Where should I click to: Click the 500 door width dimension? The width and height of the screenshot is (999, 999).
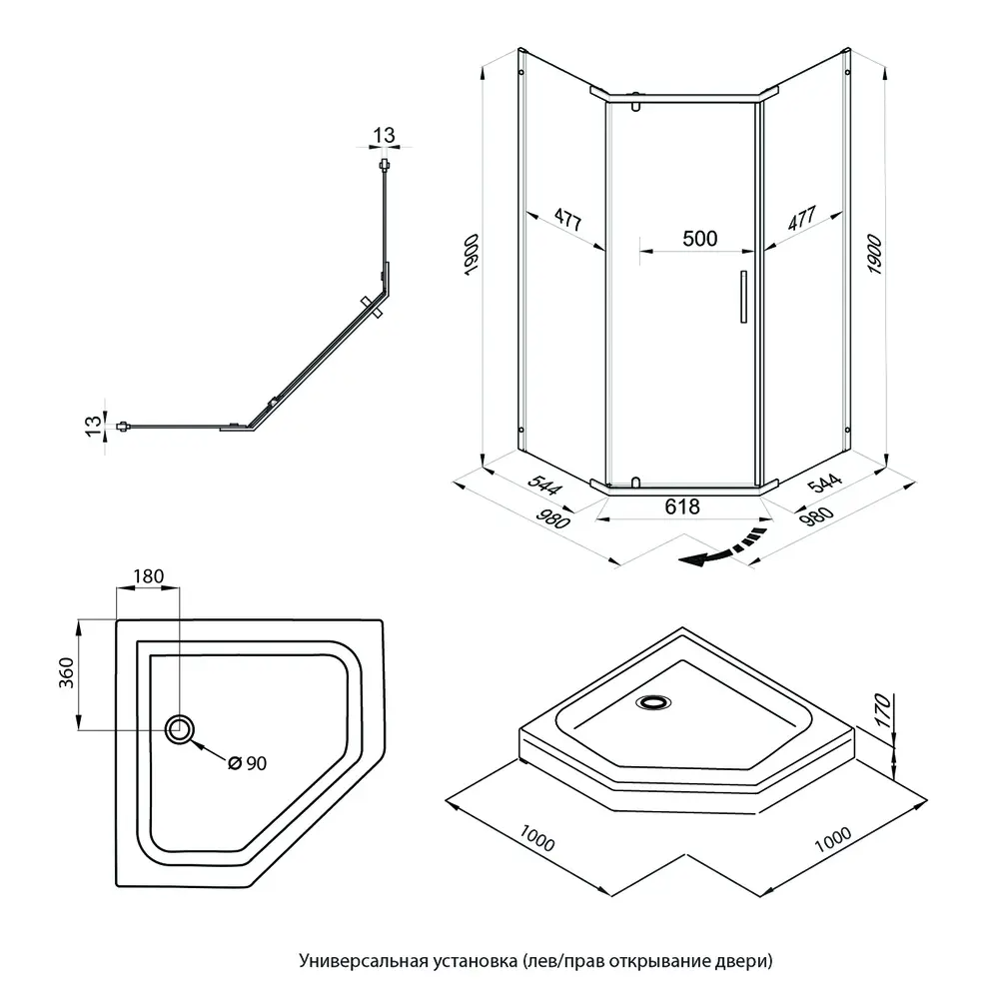699,239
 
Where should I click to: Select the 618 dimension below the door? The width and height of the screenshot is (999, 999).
683,506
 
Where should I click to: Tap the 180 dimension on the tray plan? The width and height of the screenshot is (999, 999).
147,577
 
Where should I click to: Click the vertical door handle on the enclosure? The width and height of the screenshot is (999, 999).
741,297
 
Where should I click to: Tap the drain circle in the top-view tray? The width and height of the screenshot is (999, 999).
181,729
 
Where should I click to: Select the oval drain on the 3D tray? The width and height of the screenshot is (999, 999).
654,701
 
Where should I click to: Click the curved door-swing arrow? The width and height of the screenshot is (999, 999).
721,551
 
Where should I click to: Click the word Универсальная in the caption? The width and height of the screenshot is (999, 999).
351,961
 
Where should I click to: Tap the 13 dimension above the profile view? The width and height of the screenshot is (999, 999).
384,135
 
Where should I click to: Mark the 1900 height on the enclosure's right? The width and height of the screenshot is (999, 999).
872,257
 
